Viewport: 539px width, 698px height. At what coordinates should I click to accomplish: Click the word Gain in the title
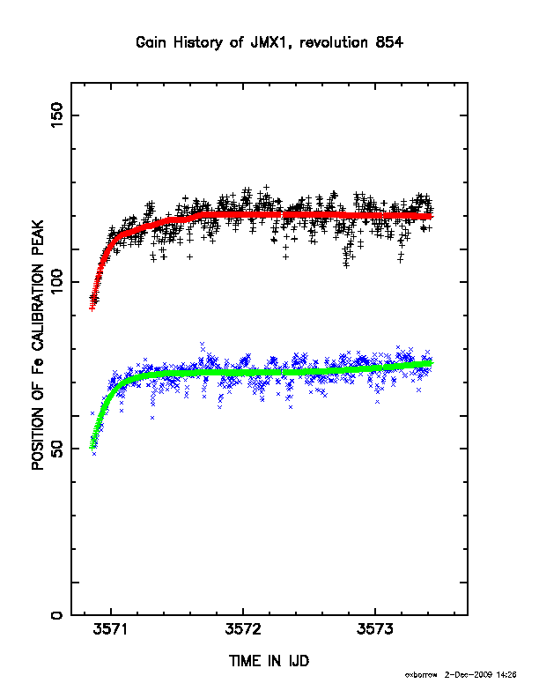[151, 42]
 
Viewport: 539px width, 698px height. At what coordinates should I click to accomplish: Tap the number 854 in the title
[389, 42]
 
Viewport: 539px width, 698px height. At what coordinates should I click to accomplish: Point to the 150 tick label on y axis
[57, 115]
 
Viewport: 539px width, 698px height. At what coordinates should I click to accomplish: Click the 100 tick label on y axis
[57, 282]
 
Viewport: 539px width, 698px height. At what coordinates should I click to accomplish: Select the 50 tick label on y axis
[57, 449]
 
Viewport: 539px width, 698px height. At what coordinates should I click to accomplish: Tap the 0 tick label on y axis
[57, 615]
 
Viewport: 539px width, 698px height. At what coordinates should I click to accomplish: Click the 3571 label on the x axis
[111, 629]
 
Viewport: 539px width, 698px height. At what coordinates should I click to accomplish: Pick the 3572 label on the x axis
[243, 629]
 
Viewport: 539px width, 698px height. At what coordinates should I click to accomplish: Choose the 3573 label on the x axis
[375, 629]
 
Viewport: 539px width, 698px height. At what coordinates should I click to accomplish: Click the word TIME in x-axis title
[244, 661]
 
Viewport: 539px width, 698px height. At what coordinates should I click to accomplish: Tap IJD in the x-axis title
[299, 661]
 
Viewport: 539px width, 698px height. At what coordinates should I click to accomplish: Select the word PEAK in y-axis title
[38, 239]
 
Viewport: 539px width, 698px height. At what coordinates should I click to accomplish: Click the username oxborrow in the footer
[421, 675]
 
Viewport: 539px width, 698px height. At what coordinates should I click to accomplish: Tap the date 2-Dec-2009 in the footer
[469, 675]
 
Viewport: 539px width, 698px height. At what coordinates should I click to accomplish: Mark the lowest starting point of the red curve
[92, 308]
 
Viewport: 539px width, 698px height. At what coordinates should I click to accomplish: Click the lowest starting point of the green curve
[92, 447]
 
